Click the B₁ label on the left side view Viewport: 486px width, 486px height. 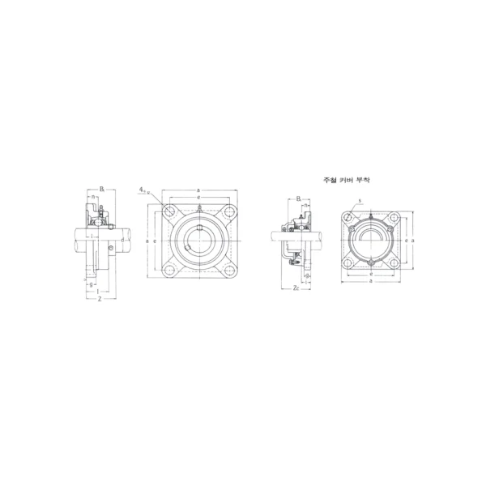click(x=102, y=189)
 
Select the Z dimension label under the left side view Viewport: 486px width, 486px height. click(x=99, y=299)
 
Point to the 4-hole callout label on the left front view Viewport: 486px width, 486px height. click(x=143, y=190)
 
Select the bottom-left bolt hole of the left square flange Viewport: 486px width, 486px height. click(x=169, y=271)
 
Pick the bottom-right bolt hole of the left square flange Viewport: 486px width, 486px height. click(x=228, y=271)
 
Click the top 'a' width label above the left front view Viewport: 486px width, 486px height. click(x=199, y=190)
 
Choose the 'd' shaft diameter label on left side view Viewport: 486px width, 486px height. click(x=122, y=240)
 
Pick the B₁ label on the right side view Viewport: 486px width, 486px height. click(x=298, y=198)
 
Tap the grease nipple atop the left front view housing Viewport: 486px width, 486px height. click(x=199, y=213)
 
